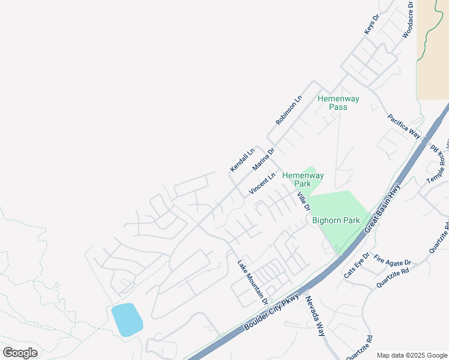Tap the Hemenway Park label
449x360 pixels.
tap(303, 179)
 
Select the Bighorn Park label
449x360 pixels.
tap(336, 220)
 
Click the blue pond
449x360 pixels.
tap(127, 319)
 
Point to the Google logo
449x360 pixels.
tap(20, 353)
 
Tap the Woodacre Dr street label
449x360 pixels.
tap(408, 20)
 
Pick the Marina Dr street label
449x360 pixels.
tap(263, 159)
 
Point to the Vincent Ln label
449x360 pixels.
tap(263, 184)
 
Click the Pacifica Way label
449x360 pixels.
tap(404, 126)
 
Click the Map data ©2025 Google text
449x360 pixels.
tap(411, 355)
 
